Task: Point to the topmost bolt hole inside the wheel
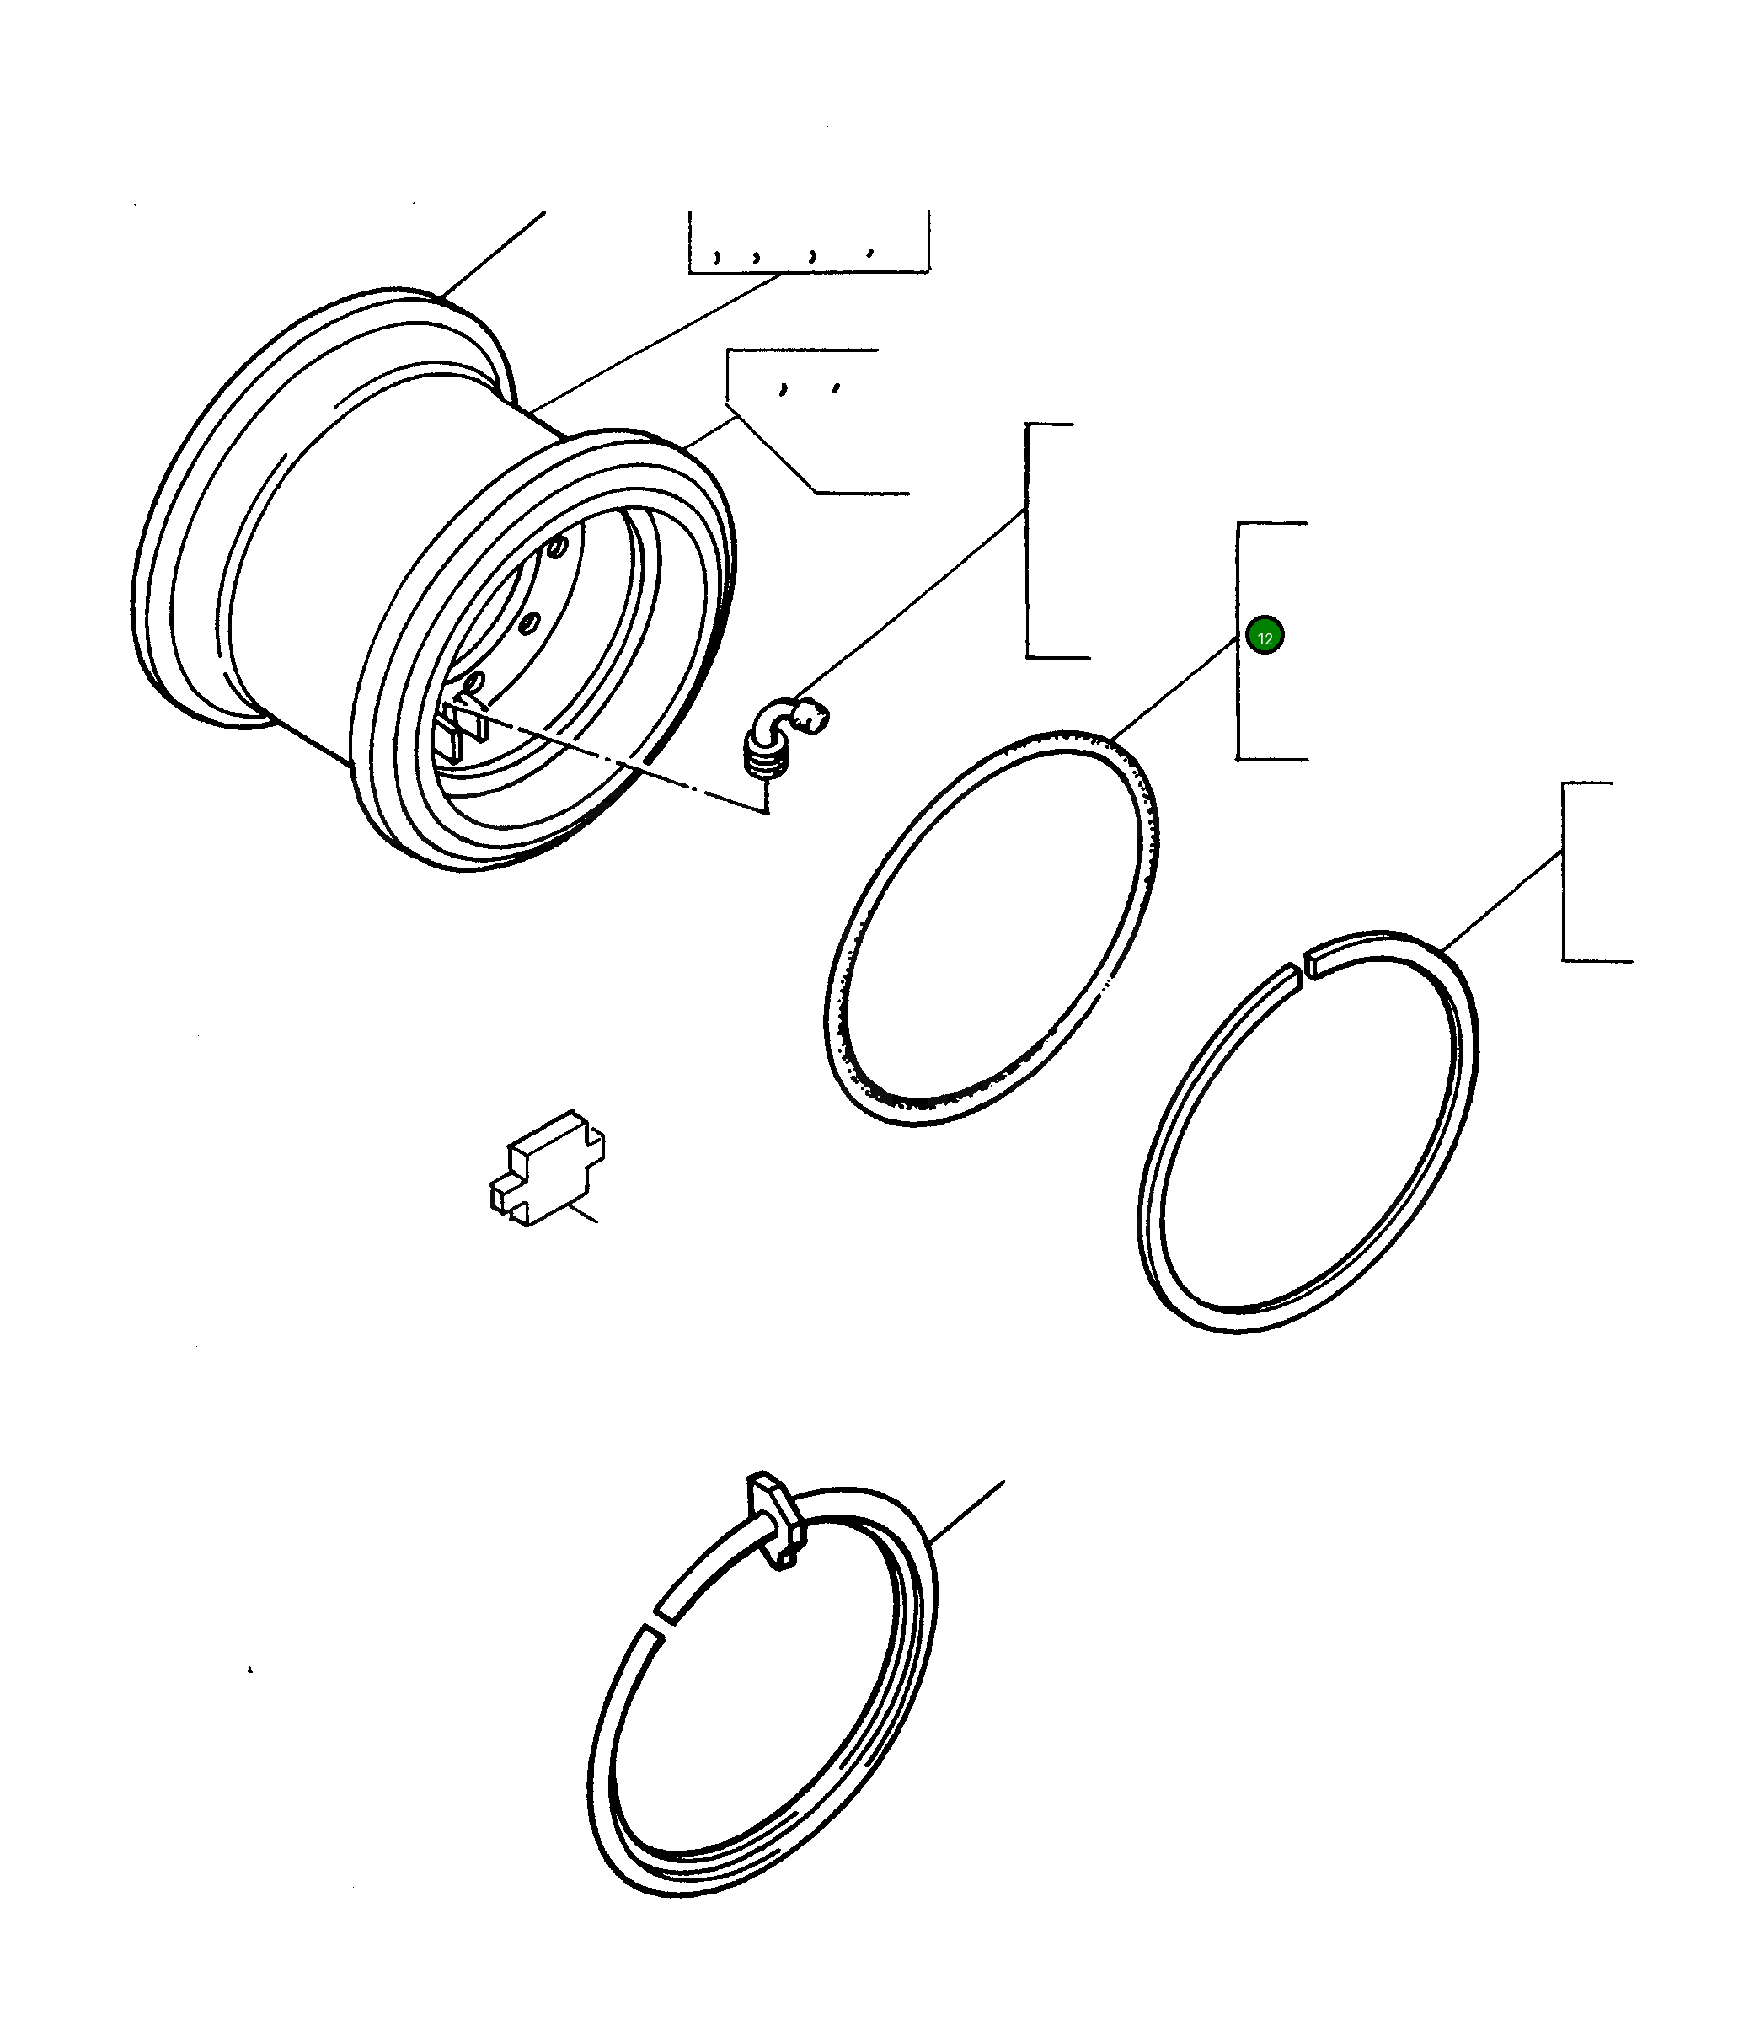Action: click(x=558, y=546)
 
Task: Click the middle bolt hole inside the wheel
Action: click(x=528, y=622)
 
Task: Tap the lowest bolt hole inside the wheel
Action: click(x=474, y=681)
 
